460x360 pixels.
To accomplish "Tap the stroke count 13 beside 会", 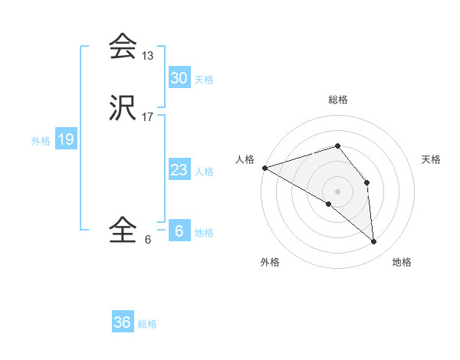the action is click(x=148, y=56).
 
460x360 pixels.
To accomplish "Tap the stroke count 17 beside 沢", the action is click(x=148, y=117).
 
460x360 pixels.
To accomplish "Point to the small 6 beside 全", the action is click(x=147, y=239).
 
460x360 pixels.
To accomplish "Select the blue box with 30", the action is click(x=179, y=78).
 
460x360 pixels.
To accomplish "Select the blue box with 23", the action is click(x=179, y=170).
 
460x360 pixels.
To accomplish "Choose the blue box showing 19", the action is click(x=65, y=139).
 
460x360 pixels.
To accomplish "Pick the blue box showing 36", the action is click(x=123, y=322).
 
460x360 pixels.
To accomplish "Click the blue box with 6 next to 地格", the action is click(x=179, y=231).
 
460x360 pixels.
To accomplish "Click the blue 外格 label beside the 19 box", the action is click(x=40, y=141).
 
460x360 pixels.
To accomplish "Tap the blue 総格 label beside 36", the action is click(x=147, y=324).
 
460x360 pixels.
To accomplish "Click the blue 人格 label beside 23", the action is click(x=204, y=172).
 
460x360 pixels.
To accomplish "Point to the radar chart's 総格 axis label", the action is click(x=338, y=100).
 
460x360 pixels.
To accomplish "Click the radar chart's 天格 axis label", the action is click(x=431, y=159).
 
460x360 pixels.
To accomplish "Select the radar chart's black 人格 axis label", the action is click(x=245, y=159).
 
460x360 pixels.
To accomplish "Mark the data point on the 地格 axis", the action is click(x=373, y=241).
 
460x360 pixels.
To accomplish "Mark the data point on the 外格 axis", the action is click(x=329, y=204).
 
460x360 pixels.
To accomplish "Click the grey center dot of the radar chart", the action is click(x=338, y=191).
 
